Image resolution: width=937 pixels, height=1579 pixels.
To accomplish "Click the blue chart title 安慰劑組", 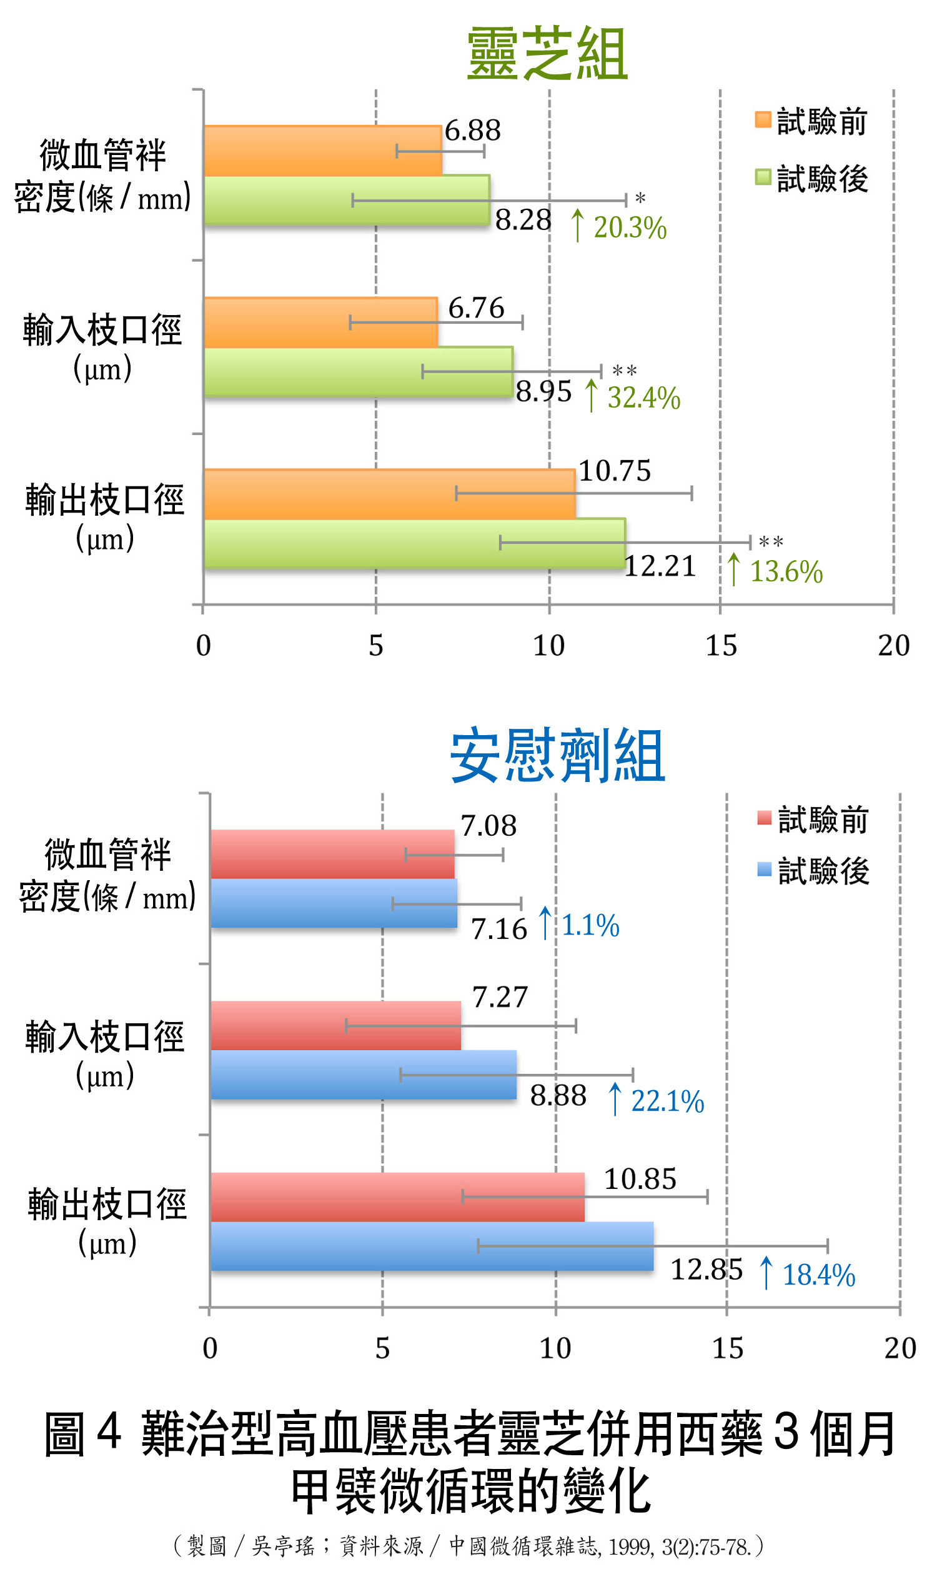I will (557, 756).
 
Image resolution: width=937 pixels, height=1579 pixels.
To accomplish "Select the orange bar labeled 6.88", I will (322, 152).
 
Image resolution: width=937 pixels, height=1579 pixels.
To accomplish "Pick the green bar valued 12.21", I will (414, 543).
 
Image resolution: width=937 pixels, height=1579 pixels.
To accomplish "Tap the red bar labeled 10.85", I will (397, 1197).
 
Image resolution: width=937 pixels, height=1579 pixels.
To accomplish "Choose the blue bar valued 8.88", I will (363, 1075).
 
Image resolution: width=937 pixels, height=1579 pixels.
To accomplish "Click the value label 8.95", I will (543, 392).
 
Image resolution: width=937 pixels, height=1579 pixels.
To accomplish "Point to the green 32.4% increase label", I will (643, 398).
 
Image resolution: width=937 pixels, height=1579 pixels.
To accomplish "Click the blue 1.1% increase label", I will (590, 926).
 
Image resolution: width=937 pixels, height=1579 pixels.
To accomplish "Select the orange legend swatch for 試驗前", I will (763, 119).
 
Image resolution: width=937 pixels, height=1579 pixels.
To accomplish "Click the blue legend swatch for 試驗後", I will (764, 870).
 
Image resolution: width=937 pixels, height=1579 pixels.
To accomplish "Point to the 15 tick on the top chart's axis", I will (721, 646).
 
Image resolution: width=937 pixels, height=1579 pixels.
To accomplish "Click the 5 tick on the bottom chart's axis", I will (382, 1349).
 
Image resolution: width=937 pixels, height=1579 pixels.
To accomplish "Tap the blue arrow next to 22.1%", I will (614, 1099).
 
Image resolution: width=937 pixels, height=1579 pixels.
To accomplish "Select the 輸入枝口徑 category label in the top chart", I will (102, 331).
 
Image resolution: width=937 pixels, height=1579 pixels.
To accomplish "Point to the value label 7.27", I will (500, 998).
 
